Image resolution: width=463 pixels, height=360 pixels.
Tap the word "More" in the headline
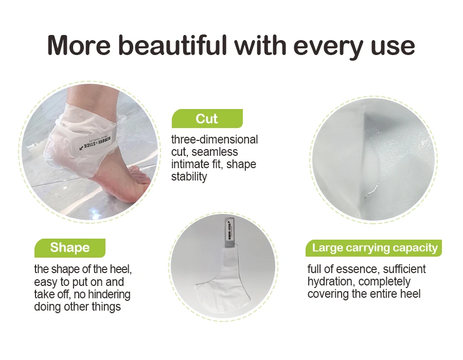(77, 45)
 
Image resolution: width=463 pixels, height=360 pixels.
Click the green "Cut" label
(207, 119)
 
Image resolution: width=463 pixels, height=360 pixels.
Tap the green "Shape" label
(69, 248)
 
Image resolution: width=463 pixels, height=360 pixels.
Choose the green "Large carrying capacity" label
(375, 248)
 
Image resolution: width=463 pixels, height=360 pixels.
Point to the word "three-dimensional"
(215, 140)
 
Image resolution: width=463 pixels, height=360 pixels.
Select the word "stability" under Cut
(189, 177)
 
